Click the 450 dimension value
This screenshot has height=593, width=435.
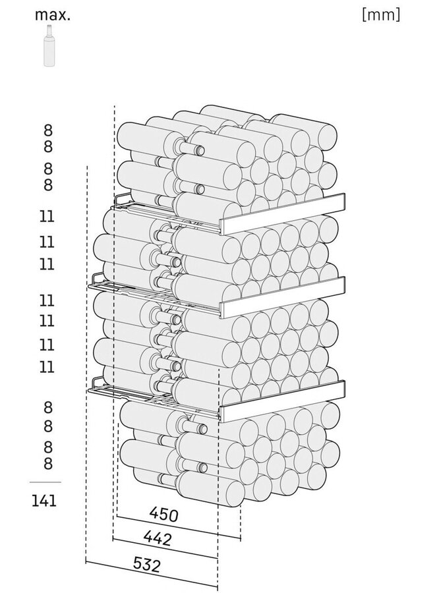(163, 515)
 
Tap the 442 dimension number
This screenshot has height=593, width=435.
(158, 538)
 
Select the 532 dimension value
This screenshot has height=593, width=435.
(147, 565)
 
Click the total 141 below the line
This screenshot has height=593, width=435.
(44, 501)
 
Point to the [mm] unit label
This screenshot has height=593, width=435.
(380, 14)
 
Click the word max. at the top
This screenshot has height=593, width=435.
(53, 14)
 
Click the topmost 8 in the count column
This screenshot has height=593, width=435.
(47, 130)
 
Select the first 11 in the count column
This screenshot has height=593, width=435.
(47, 217)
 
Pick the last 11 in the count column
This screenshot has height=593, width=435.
(47, 367)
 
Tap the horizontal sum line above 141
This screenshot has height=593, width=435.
(45, 482)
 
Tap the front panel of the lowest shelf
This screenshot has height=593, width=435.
(283, 401)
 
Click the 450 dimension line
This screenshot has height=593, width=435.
(179, 526)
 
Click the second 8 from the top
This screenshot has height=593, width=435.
(47, 146)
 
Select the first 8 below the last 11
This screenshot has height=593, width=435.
(47, 407)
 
